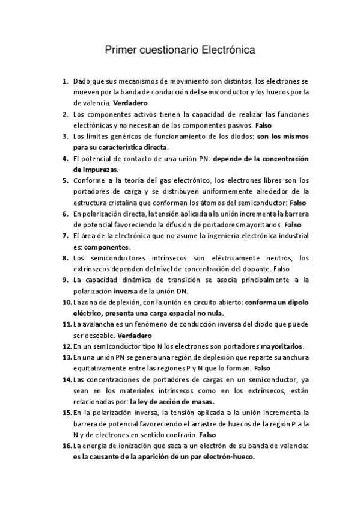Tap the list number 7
[x=65, y=235]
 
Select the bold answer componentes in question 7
[x=106, y=247]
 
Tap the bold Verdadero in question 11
[x=135, y=335]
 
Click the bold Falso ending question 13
[x=261, y=367]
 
